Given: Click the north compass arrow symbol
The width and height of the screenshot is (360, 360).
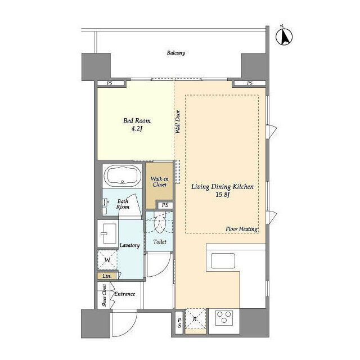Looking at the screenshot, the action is tap(284, 36).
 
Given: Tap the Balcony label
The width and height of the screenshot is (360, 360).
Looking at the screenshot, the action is tap(176, 53).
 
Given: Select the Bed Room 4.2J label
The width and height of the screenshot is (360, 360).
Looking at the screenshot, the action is tap(137, 125).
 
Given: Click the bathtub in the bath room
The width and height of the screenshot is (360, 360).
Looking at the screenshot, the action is tap(123, 175).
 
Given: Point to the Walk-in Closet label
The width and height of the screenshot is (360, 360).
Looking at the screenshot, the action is tap(159, 182).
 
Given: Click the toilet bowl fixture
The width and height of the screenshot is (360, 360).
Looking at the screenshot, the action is tap(159, 224).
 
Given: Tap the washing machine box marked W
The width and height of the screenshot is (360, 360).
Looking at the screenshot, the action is tap(107, 260).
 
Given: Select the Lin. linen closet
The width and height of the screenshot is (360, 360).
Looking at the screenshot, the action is tap(107, 276).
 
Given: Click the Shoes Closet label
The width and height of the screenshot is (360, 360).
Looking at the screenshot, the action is tap(105, 295).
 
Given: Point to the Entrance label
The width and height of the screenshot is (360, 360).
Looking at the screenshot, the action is tap(125, 294).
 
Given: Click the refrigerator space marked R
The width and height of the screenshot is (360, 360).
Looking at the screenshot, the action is tap(195, 319).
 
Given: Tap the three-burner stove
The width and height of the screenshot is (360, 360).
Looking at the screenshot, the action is tap(224, 317).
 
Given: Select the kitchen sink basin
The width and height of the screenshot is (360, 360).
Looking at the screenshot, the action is tap(223, 261).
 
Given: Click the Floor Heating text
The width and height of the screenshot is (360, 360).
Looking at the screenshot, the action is tap(241, 229).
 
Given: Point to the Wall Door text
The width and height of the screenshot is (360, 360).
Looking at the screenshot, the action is tap(178, 122).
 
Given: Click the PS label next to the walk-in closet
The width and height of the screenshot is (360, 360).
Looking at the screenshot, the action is tap(165, 205).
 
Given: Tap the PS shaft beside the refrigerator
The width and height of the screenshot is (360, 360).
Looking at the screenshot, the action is tap(179, 322).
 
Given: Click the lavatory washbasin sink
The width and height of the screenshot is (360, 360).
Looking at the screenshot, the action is tap(108, 233).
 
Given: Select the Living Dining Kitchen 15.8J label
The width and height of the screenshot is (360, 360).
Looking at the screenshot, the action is tap(223, 191).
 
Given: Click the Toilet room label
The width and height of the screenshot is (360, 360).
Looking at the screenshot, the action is tap(160, 242).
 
